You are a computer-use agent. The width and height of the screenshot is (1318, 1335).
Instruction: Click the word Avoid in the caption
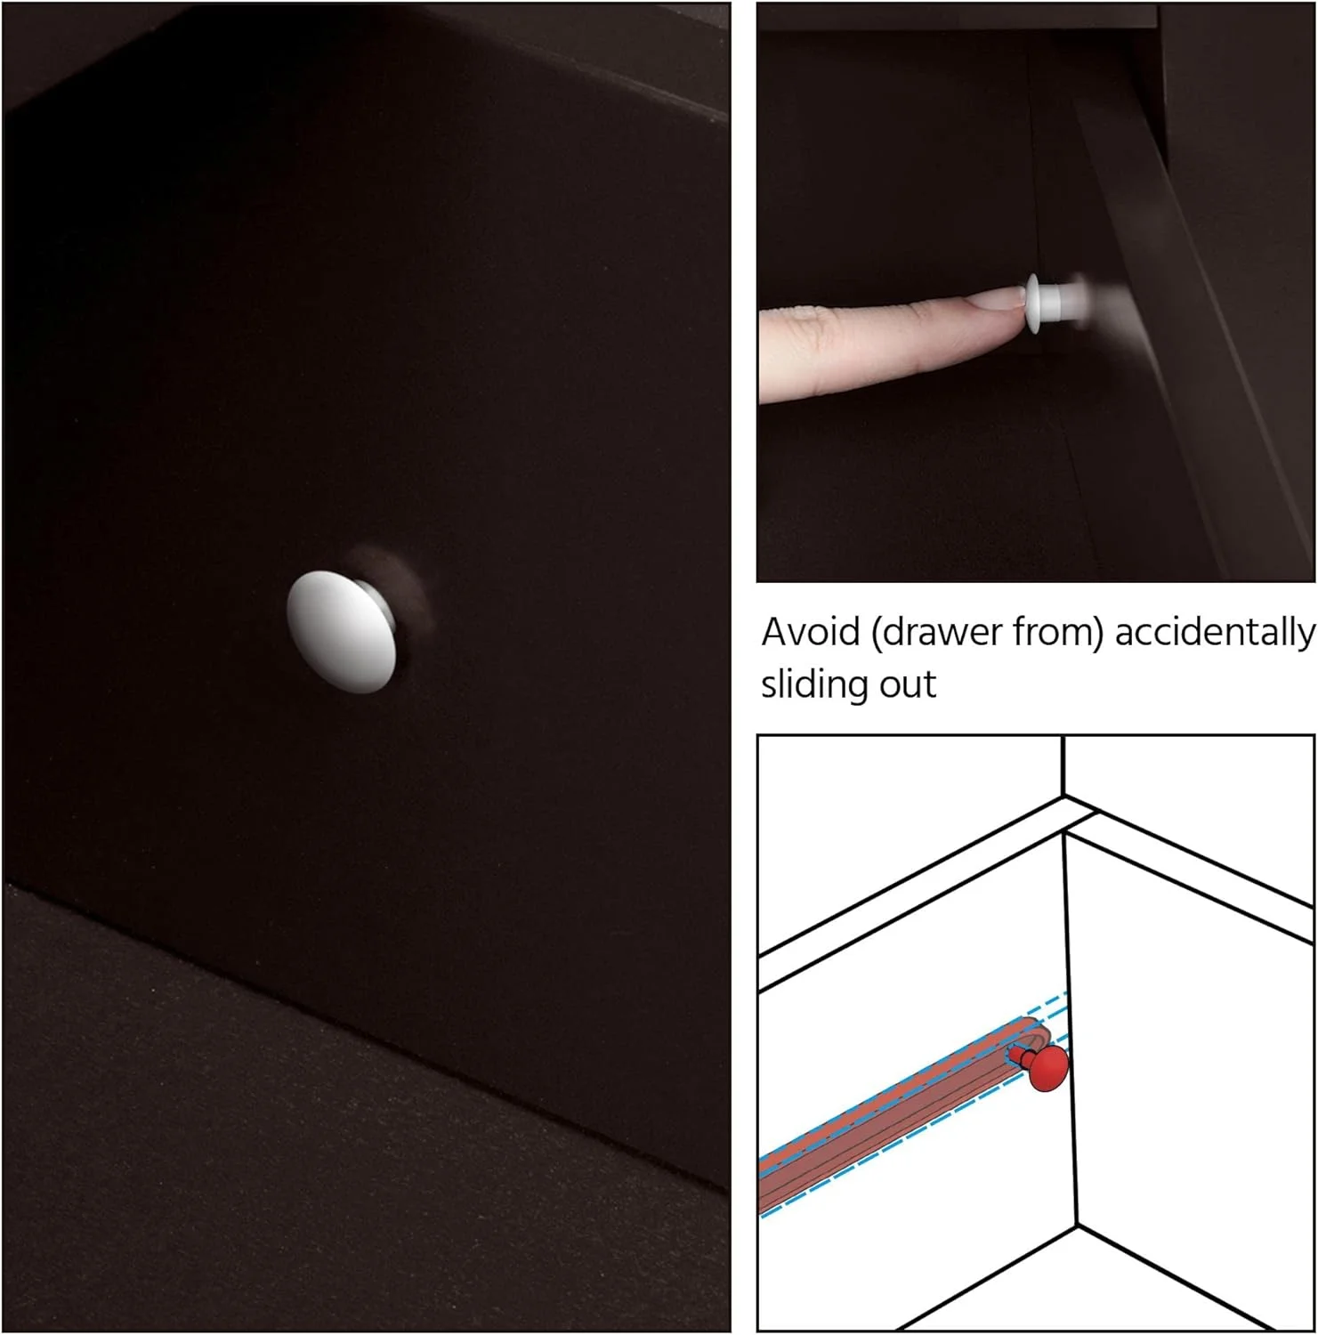811,632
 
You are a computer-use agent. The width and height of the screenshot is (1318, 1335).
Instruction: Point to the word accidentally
1215,633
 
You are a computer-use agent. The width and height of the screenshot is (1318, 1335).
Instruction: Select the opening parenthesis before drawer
876,634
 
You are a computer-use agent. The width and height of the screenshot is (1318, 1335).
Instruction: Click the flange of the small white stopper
1034,303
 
